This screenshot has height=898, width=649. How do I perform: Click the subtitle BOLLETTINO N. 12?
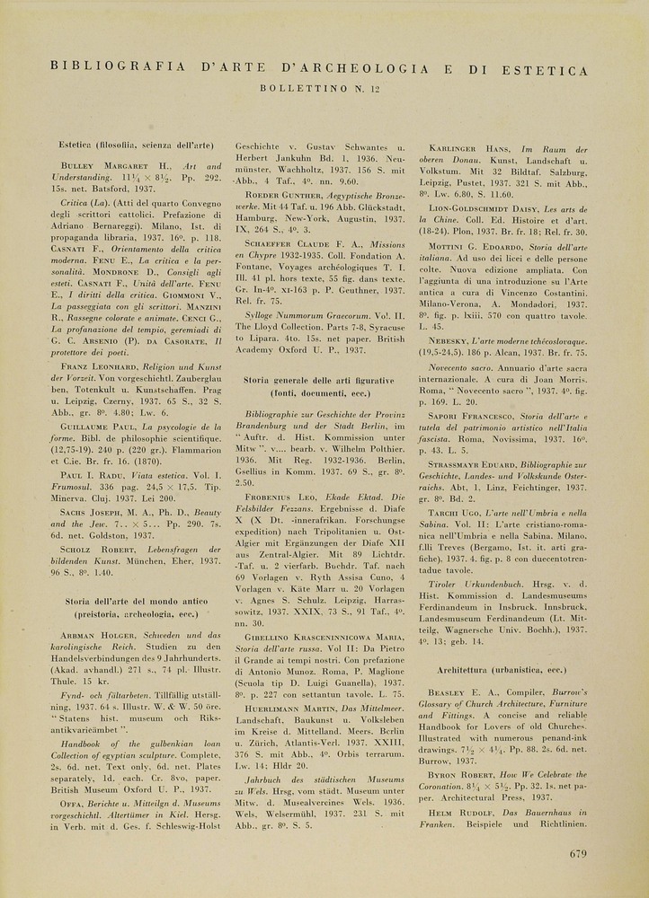(x=319, y=88)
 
